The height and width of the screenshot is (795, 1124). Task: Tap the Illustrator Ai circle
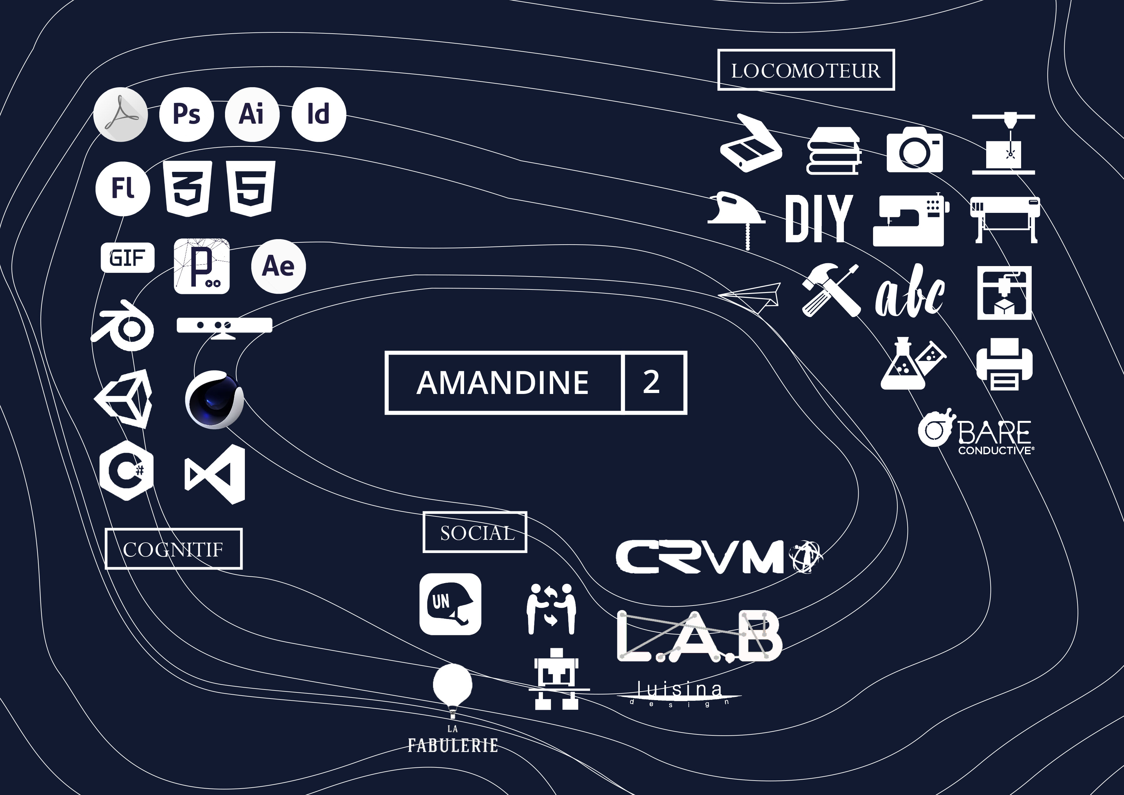(252, 114)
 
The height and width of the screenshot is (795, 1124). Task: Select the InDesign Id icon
(318, 114)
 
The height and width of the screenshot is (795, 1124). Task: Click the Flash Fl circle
(122, 188)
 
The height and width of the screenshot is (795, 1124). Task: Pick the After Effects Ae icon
(278, 266)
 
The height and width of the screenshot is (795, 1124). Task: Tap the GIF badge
(127, 257)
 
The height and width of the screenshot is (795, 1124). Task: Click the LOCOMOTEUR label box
(806, 70)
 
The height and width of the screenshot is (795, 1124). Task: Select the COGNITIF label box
(173, 549)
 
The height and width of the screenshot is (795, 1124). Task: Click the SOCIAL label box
(475, 532)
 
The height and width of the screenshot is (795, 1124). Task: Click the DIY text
(819, 219)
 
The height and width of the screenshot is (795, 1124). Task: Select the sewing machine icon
(910, 220)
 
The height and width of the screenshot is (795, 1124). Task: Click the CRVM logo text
(700, 556)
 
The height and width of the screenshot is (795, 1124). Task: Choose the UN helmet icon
(450, 604)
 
